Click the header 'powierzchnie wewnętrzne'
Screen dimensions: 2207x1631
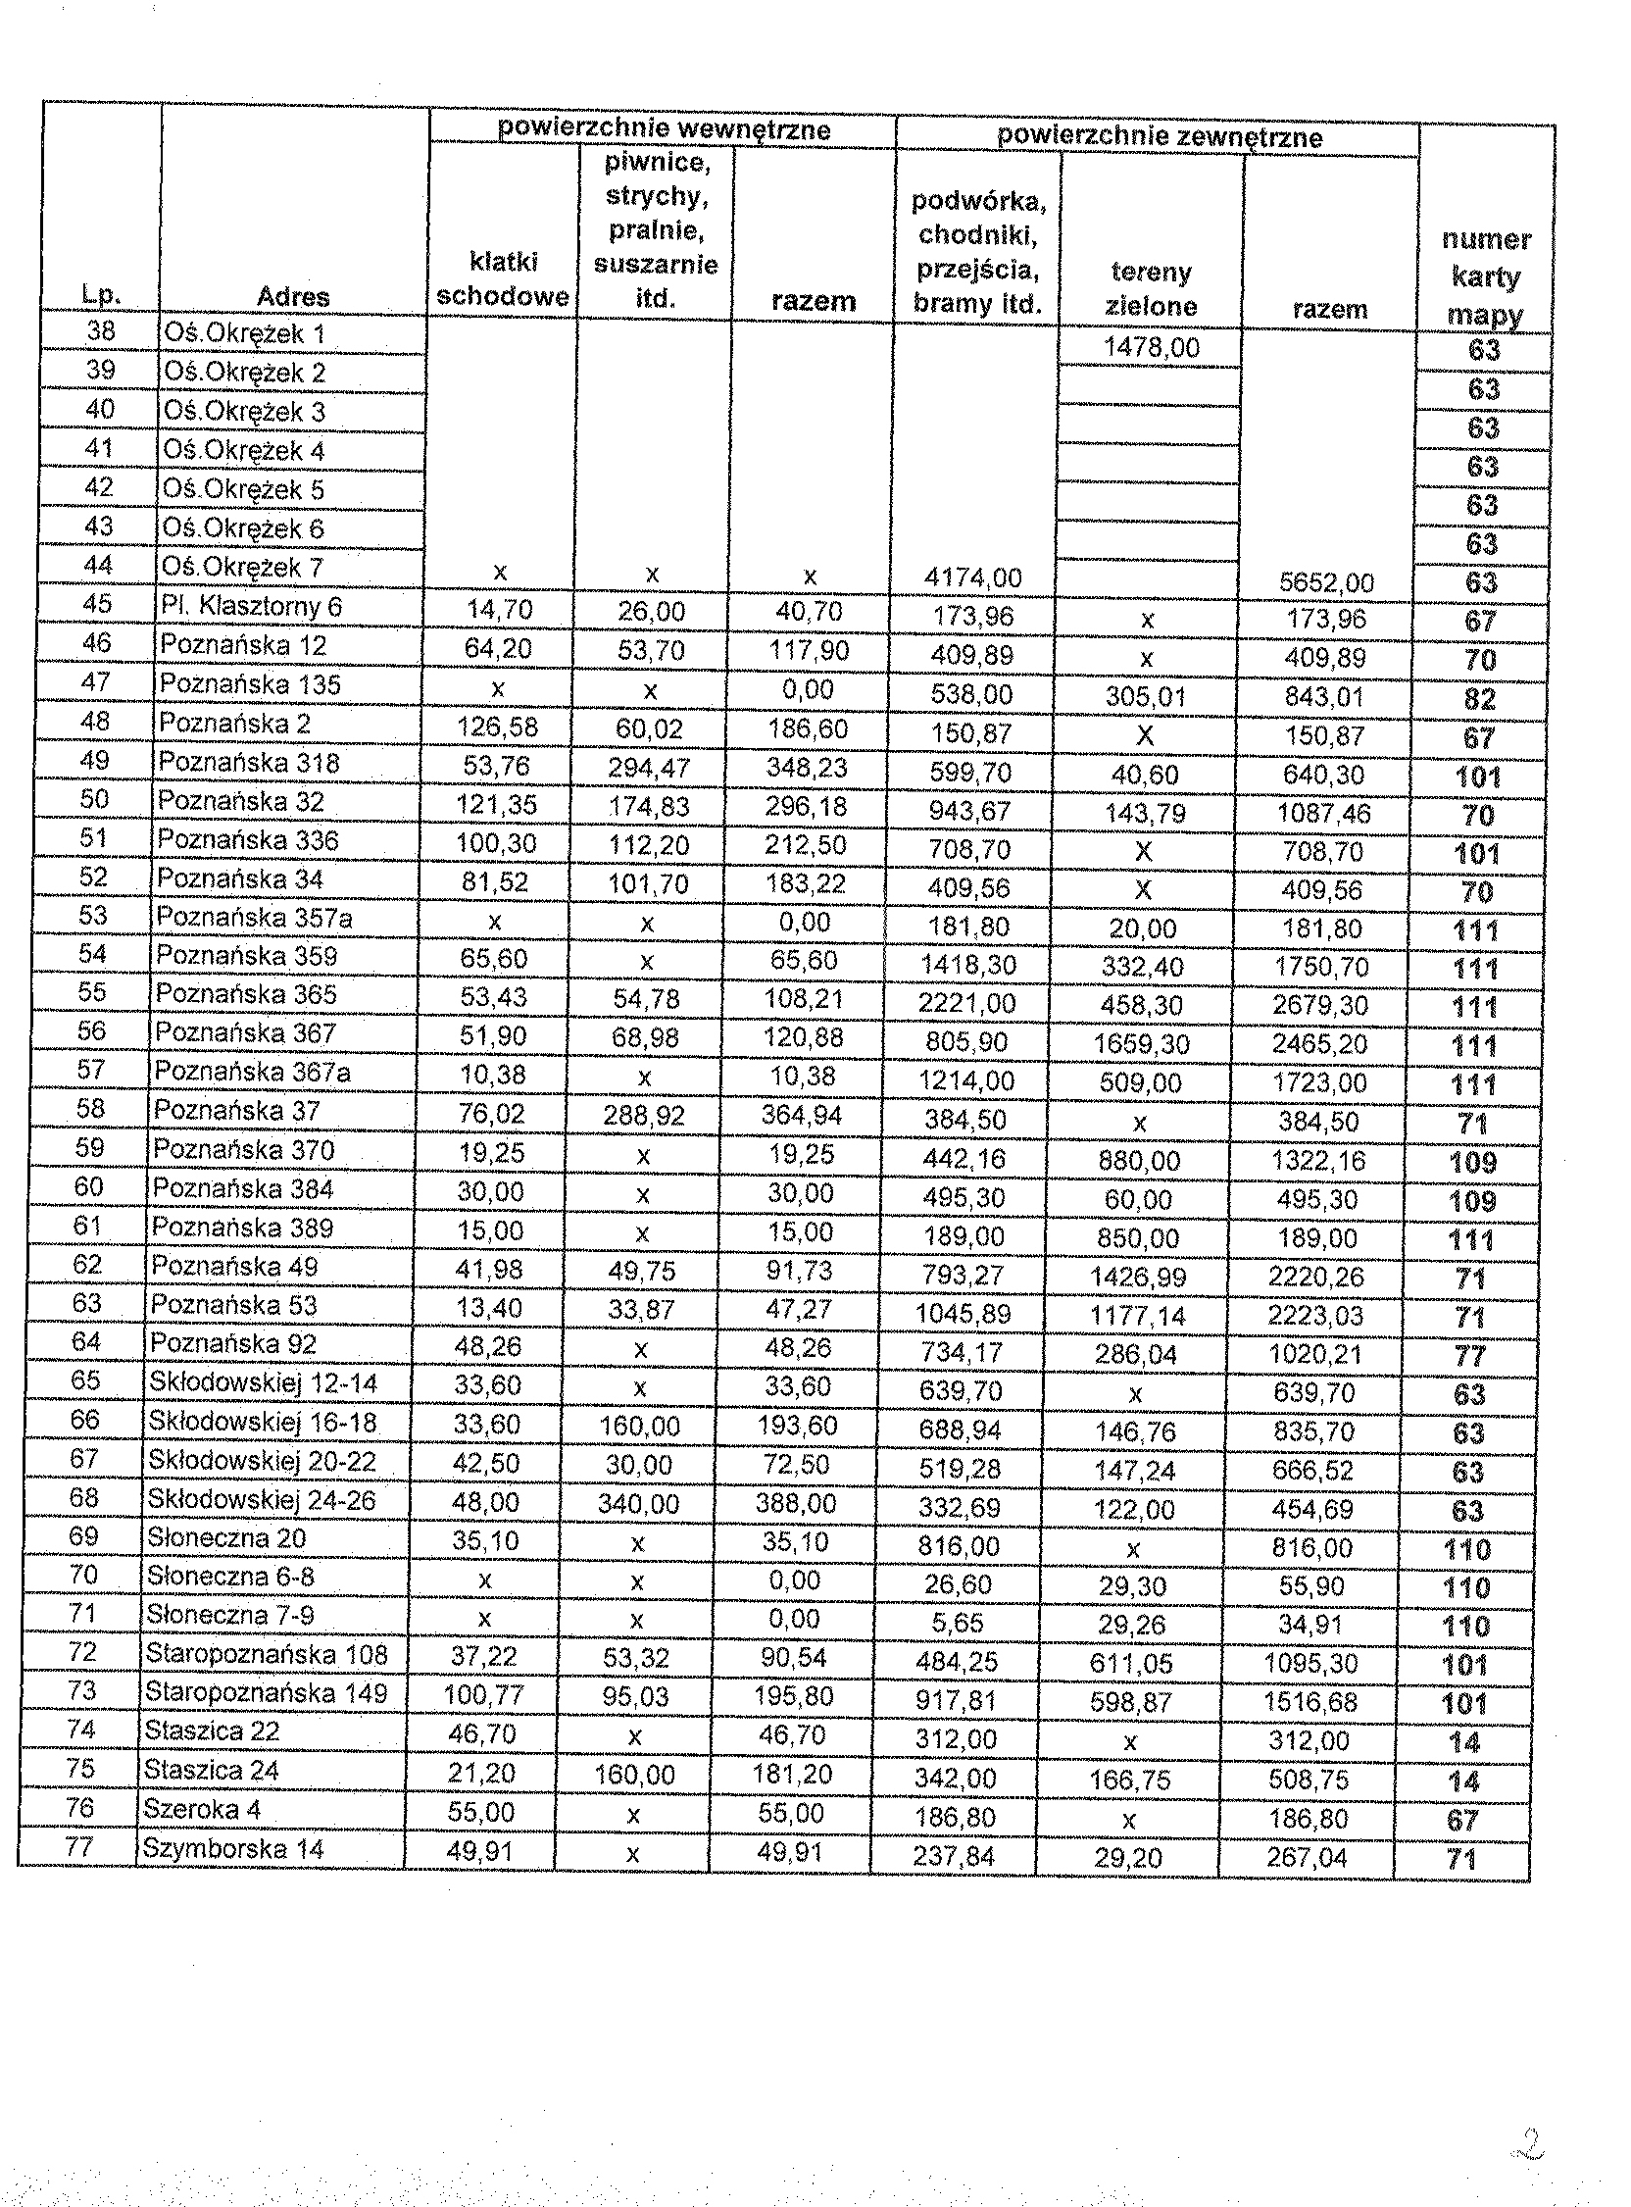664,129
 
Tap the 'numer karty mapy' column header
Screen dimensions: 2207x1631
1485,277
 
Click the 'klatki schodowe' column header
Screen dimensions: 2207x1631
503,279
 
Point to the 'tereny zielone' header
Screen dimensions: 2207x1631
1150,288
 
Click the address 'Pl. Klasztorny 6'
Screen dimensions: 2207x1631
252,606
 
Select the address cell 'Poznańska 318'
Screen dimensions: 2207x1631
249,764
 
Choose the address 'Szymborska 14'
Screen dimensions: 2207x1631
233,1849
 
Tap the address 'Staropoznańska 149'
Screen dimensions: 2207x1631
266,1693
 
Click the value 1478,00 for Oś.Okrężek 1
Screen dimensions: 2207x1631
1151,348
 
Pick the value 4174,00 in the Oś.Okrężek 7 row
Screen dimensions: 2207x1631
972,578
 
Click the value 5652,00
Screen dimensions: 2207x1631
1328,582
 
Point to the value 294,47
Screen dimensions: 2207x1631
649,769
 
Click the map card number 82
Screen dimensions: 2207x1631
1479,699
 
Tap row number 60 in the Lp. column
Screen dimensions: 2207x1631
88,1187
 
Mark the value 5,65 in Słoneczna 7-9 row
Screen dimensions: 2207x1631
956,1624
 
